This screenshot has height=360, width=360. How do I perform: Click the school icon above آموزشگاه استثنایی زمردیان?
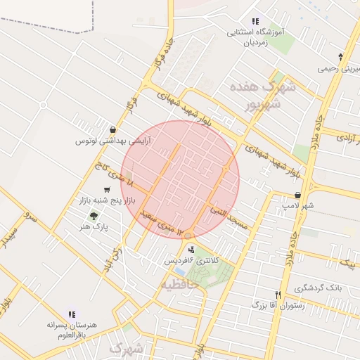pyautogui.click(x=255, y=22)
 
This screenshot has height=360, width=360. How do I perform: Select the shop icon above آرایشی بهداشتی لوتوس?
pyautogui.click(x=113, y=129)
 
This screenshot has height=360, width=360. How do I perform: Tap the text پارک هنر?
pyautogui.click(x=92, y=228)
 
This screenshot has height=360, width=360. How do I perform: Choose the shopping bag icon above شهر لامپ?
pyautogui.click(x=298, y=195)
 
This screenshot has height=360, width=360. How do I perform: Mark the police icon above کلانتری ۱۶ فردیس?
pyautogui.click(x=191, y=250)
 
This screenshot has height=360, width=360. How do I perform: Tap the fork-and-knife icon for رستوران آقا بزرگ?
pyautogui.click(x=278, y=295)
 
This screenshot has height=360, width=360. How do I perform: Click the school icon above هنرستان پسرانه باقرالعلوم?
pyautogui.click(x=72, y=314)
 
